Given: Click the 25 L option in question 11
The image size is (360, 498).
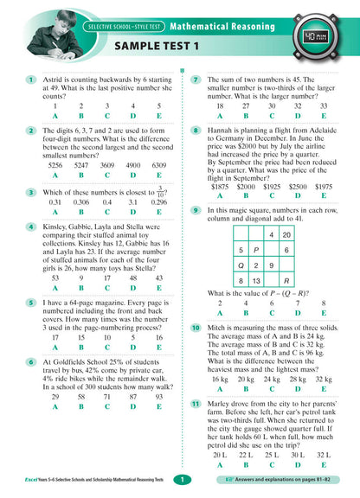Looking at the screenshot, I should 272,453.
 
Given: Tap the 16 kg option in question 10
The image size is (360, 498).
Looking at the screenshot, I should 220,378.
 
